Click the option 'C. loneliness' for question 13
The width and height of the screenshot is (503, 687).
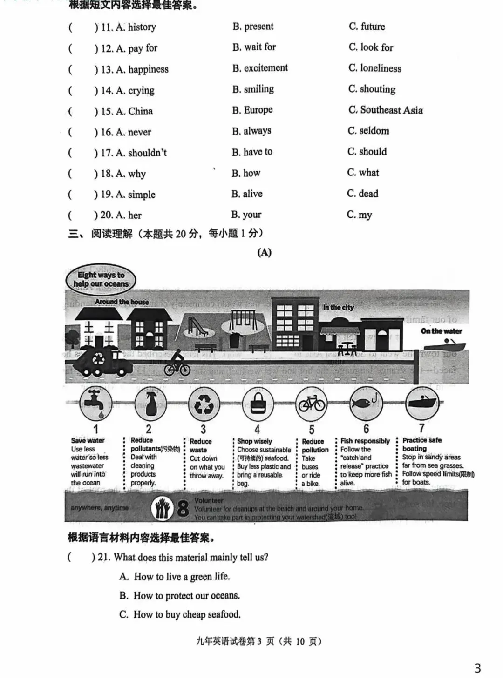pos(375,68)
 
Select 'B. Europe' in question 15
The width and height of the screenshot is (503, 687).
pos(252,110)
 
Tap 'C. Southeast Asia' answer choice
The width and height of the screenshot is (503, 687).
pos(386,110)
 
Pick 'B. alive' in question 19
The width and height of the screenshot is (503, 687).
pos(247,194)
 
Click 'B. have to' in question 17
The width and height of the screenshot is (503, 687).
pos(252,152)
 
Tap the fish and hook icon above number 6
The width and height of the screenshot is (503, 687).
pos(366,402)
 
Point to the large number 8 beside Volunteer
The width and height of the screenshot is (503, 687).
pos(183,509)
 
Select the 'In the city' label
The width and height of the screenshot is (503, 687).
pos(339,307)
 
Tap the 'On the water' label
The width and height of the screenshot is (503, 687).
pos(441,331)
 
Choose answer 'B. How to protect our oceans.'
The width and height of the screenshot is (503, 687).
pos(179,596)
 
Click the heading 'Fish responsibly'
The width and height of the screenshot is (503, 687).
pos(365,441)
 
